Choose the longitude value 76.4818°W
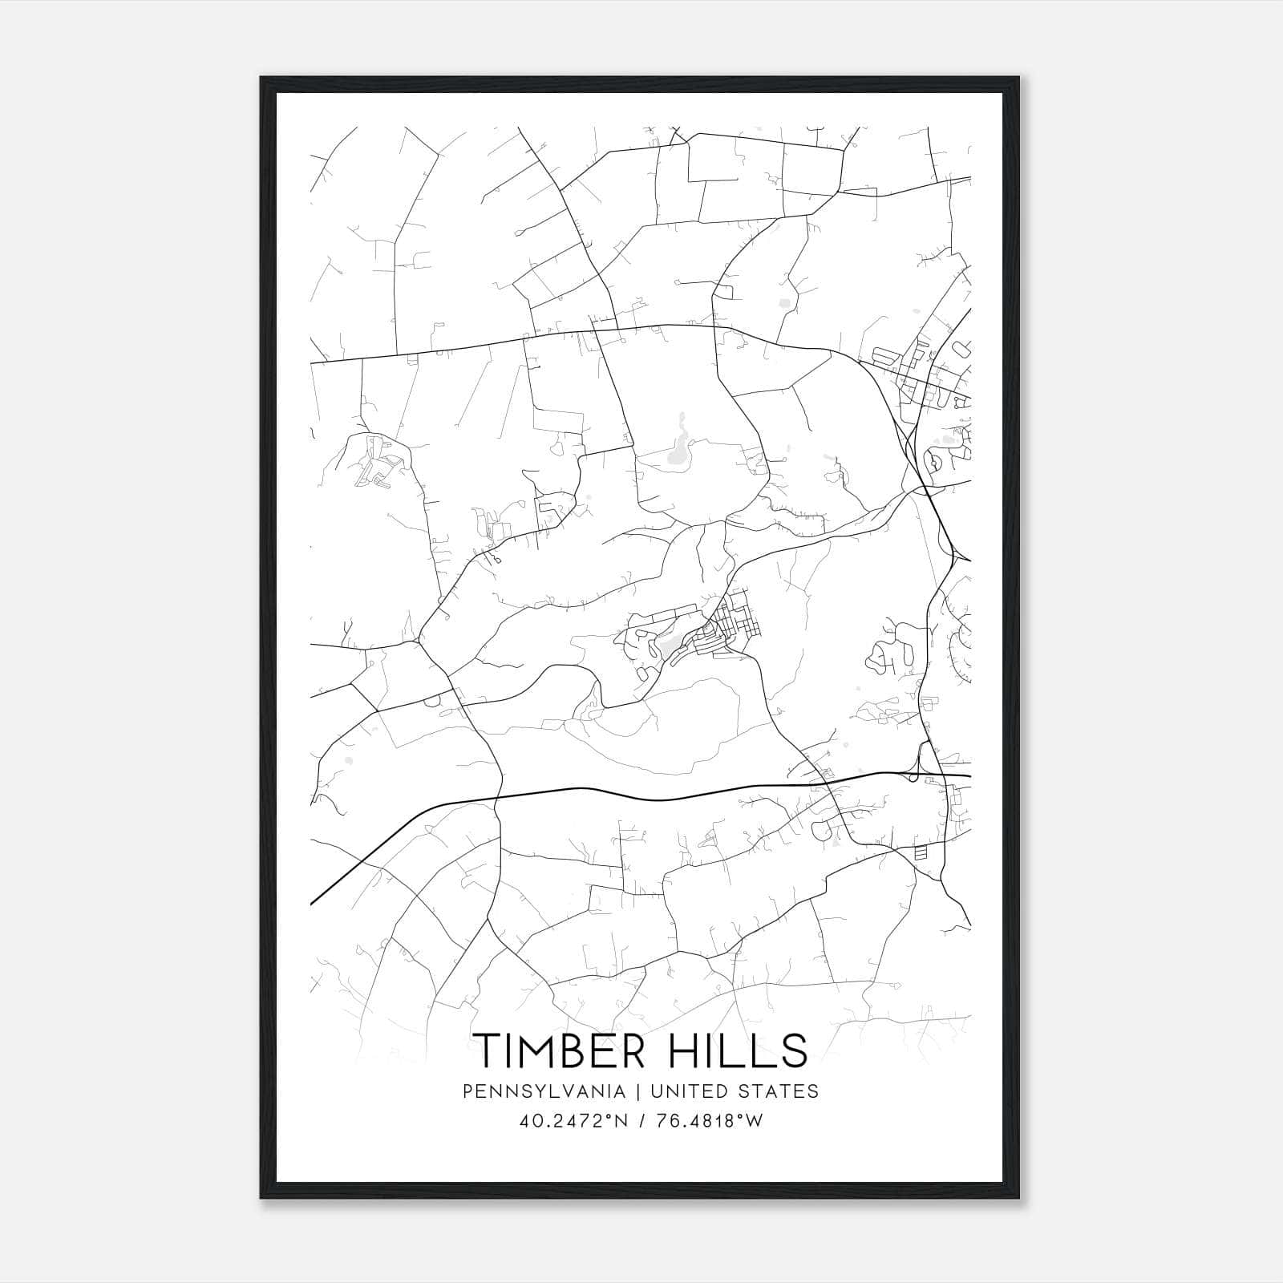[708, 1121]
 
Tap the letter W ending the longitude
[754, 1121]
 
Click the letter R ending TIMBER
[633, 1050]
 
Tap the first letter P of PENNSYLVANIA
[468, 1091]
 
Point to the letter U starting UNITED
[657, 1091]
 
